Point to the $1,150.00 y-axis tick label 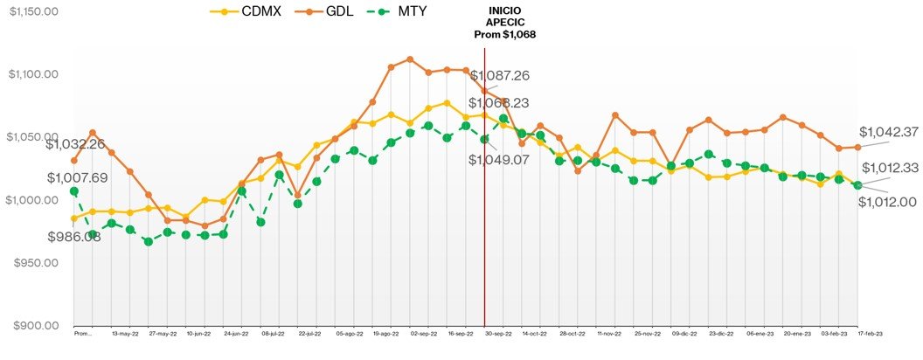[x=33, y=12]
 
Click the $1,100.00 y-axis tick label [x=33, y=74]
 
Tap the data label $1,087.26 [x=500, y=76]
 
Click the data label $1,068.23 [x=500, y=102]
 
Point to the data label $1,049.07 [x=500, y=160]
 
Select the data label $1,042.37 [x=889, y=132]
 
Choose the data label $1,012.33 [x=891, y=168]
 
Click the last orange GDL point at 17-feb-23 [x=857, y=147]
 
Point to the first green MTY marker [x=74, y=190]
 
